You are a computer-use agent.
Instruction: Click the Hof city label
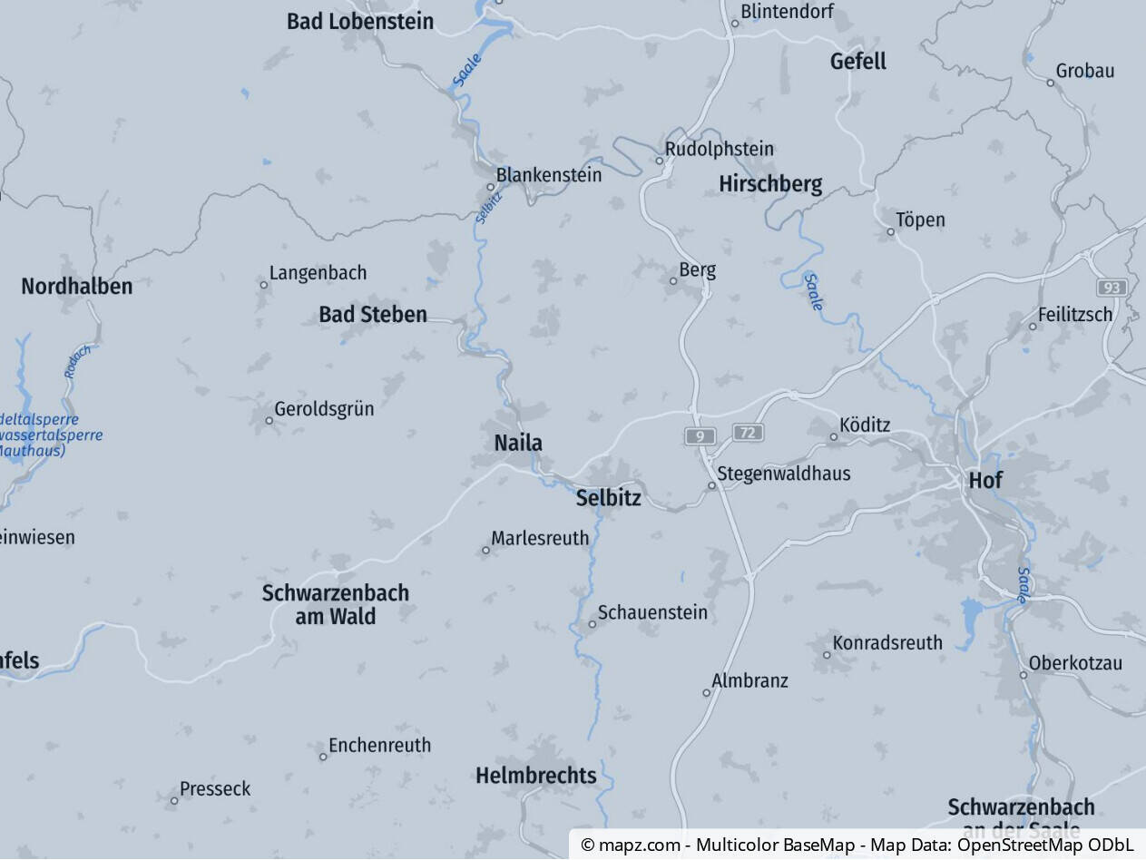pyautogui.click(x=985, y=480)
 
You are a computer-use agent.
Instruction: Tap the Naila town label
pyautogui.click(x=518, y=443)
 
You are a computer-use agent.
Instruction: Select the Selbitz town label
pyautogui.click(x=608, y=497)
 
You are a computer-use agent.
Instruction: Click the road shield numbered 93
pyautogui.click(x=1112, y=288)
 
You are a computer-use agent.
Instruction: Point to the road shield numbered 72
pyautogui.click(x=748, y=432)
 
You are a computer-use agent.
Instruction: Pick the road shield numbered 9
pyautogui.click(x=700, y=436)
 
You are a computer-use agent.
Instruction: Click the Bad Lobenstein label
pyautogui.click(x=360, y=21)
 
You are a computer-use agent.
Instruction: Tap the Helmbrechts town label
pyautogui.click(x=535, y=776)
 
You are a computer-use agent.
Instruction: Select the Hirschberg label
pyautogui.click(x=770, y=184)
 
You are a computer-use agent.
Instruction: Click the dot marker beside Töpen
pyautogui.click(x=890, y=231)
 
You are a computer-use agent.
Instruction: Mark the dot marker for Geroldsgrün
pyautogui.click(x=269, y=420)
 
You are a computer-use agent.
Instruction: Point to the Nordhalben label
pyautogui.click(x=76, y=287)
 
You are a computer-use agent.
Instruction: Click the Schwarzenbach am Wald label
pyautogui.click(x=335, y=604)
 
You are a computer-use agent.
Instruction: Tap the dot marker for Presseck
pyautogui.click(x=174, y=800)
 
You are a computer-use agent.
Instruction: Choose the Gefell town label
pyautogui.click(x=857, y=62)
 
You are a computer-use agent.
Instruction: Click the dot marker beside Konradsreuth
pyautogui.click(x=827, y=654)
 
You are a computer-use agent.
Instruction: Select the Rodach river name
pyautogui.click(x=77, y=361)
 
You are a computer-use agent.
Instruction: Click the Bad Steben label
pyautogui.click(x=372, y=315)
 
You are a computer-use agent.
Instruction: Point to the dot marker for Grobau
pyautogui.click(x=1051, y=83)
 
